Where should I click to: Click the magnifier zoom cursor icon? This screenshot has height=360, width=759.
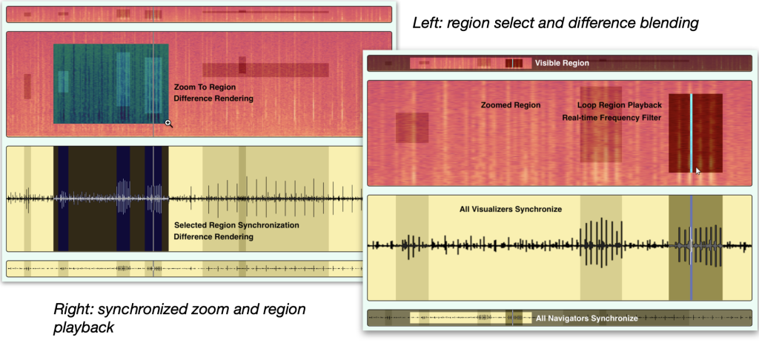pos(169,124)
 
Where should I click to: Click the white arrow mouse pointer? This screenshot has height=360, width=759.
pos(698,171)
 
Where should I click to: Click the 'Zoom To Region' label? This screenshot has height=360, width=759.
pos(205,87)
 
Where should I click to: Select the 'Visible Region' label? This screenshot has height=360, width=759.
pos(562,63)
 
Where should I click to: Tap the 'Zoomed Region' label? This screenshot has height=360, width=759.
pos(511,105)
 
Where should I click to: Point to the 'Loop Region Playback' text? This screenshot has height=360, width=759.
pos(619,105)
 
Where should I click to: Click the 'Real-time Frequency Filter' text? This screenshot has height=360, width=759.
pos(611,117)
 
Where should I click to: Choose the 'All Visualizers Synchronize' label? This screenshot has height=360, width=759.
pos(511,210)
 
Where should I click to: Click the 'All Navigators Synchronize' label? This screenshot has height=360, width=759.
pos(587,319)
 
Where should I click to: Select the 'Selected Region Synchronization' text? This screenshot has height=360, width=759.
pos(236,225)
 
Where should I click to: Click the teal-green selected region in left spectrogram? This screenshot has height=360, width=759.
pos(111,84)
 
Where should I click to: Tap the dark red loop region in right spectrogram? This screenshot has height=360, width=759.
pos(695,133)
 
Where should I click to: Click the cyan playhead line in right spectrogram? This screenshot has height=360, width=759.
pos(692,133)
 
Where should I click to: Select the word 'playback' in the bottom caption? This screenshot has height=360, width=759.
pos(84,327)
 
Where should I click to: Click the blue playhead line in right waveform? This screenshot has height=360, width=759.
pos(692,247)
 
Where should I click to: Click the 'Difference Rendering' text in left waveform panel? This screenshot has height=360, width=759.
pos(213,236)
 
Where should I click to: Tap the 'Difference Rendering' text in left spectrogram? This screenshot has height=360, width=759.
pos(213,99)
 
